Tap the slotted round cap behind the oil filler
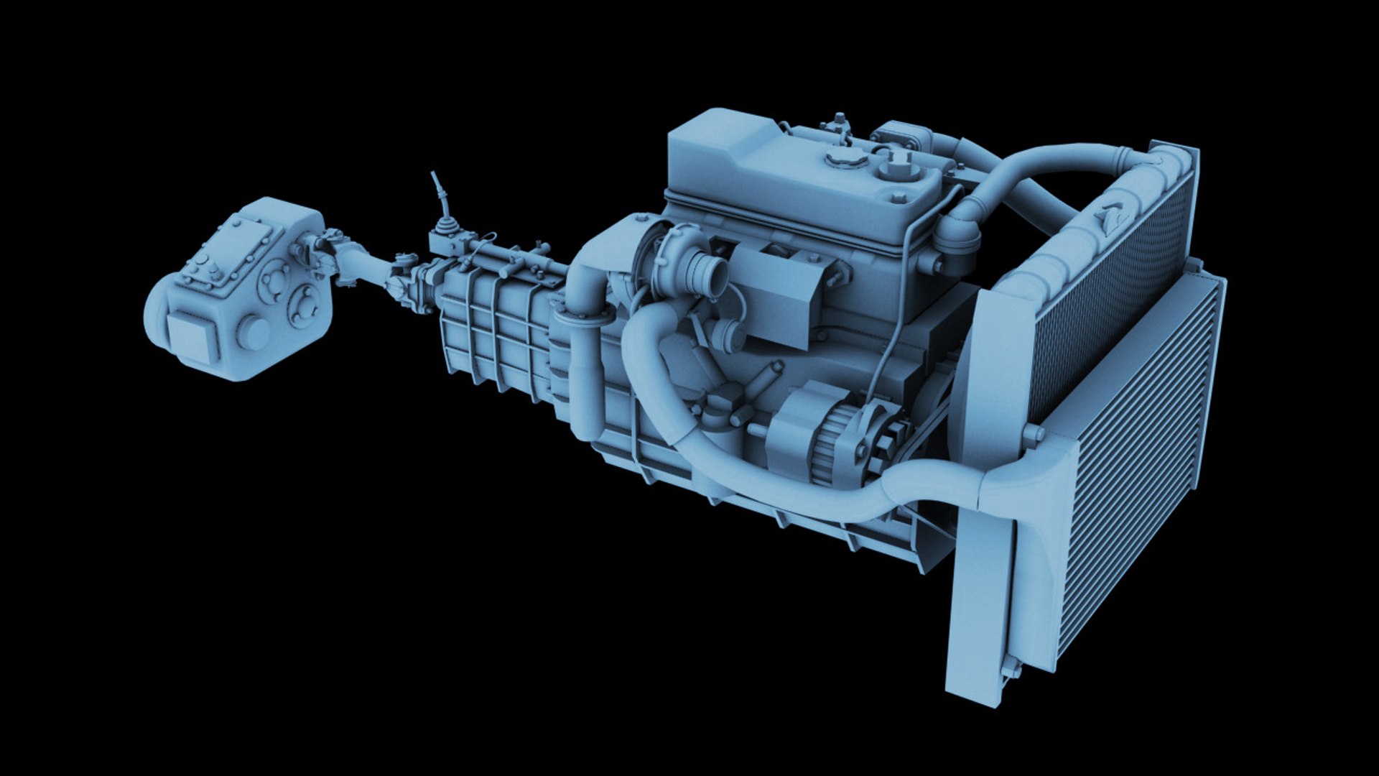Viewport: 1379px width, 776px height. [x=895, y=170]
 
